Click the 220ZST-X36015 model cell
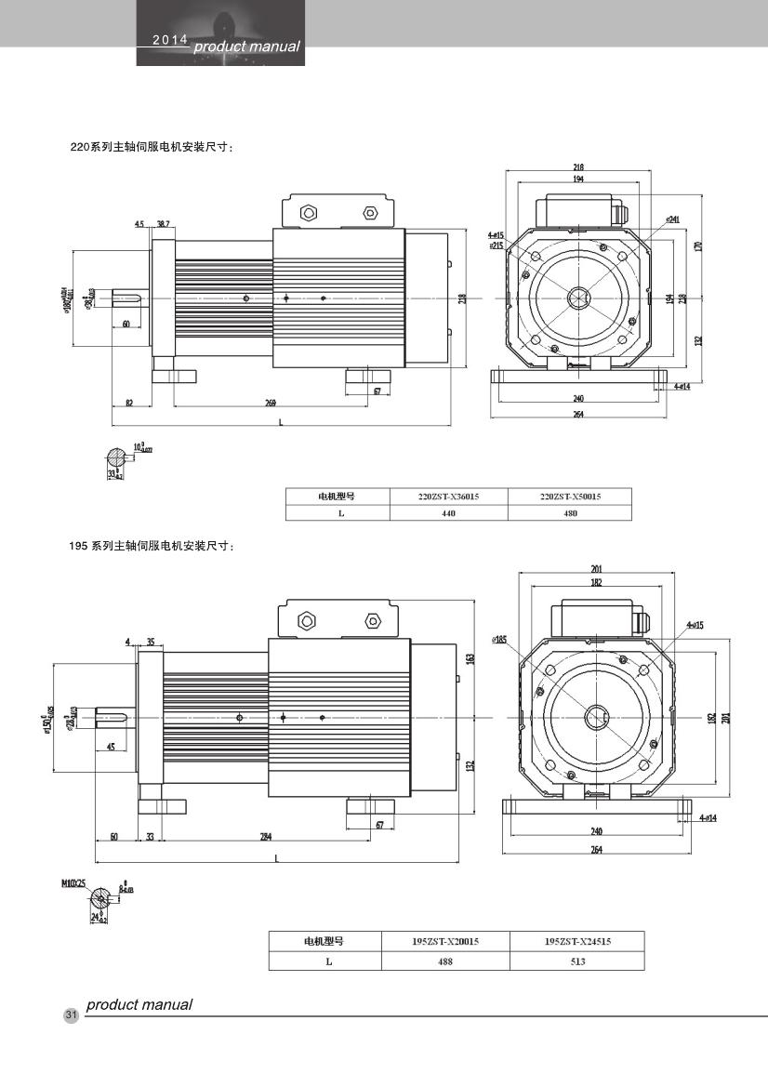tap(449, 496)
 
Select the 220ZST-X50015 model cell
tap(570, 496)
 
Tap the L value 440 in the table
tap(449, 512)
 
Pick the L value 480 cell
tap(570, 512)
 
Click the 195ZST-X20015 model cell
tap(445, 942)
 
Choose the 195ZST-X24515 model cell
tap(577, 942)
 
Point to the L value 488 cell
tap(445, 961)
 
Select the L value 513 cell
tap(577, 961)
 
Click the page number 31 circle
tap(71, 1014)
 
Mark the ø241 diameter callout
tap(671, 219)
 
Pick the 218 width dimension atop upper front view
tap(578, 168)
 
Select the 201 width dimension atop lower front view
tap(596, 569)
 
